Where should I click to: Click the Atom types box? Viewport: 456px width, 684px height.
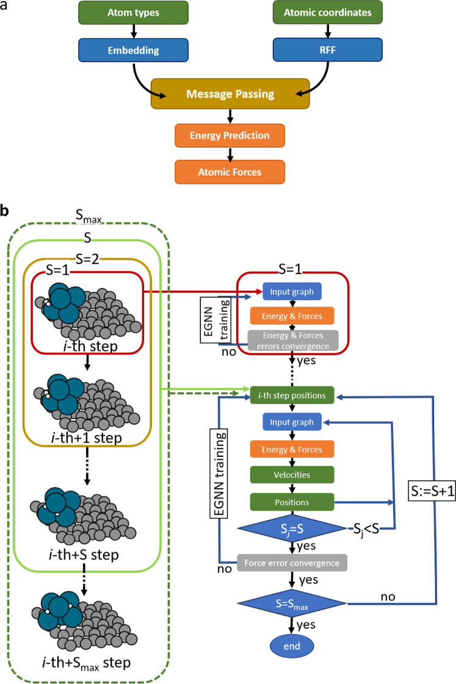pos(134,13)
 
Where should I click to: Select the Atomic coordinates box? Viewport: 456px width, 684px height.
pos(328,13)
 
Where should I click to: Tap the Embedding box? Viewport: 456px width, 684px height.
pos(134,50)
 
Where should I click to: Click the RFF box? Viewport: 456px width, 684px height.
pos(328,50)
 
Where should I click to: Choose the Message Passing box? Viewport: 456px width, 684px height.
pos(230,94)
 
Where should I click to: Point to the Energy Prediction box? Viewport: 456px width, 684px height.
pos(230,135)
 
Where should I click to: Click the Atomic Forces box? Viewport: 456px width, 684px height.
pos(230,172)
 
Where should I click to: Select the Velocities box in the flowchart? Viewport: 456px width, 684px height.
pos(292,475)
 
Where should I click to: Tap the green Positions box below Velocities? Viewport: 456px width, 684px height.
pos(292,502)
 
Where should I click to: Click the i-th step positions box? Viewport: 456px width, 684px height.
pos(292,395)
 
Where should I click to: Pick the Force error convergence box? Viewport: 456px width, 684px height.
pos(292,563)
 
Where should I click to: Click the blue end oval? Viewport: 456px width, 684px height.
pos(292,646)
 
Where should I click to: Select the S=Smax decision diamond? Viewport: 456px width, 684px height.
pos(292,603)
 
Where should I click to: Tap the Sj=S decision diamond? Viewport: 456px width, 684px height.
pos(292,528)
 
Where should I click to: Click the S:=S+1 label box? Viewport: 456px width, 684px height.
pos(432,492)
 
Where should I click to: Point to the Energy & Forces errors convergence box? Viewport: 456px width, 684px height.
pos(293,340)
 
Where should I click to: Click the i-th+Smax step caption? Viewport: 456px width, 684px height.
pos(87,663)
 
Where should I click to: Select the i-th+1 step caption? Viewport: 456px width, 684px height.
pos(87,437)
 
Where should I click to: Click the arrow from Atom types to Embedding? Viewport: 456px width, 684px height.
pos(134,31)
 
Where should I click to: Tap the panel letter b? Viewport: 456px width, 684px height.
pos(4,211)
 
